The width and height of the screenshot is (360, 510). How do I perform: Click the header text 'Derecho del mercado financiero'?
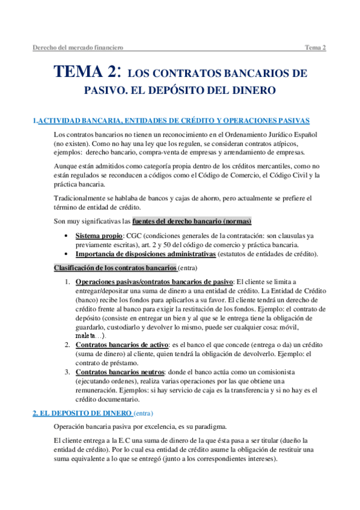coord(78,46)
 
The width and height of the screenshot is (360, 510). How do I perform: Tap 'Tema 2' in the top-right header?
coord(315,46)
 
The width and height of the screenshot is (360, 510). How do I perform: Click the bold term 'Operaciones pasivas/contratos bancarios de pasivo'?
coord(154,281)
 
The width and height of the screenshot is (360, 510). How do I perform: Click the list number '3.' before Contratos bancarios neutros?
coord(67,372)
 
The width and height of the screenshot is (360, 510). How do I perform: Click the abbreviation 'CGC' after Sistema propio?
coord(142,236)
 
